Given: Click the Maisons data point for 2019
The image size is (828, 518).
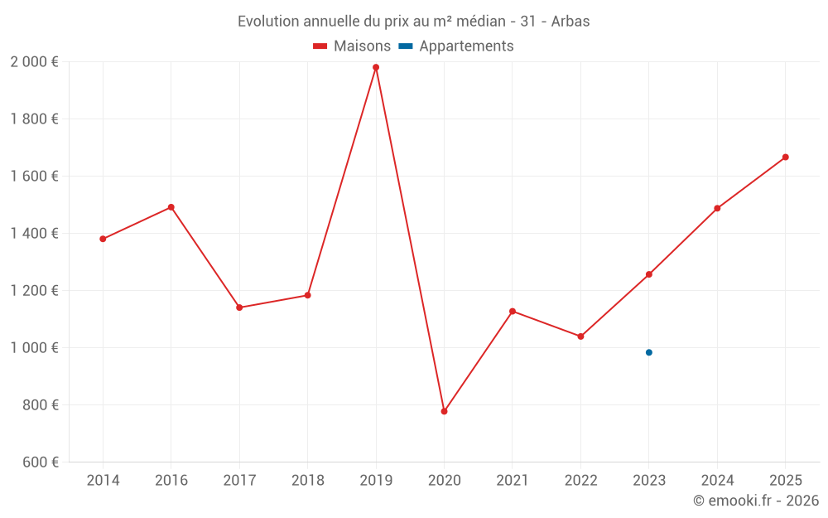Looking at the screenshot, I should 376,67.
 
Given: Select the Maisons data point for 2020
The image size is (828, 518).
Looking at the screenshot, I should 444,411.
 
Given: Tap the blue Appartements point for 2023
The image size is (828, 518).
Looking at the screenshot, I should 649,352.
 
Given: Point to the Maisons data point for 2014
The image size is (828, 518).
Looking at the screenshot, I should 103,239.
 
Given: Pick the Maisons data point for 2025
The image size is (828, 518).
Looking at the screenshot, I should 786,157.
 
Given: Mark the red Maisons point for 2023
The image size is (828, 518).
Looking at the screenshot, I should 649,274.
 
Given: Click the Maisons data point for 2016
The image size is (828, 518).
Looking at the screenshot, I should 171,207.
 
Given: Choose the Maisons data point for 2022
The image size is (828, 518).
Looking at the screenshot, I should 580,336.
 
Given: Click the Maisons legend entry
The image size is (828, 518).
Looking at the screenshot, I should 352,46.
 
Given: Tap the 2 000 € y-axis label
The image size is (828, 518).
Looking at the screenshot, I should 35,61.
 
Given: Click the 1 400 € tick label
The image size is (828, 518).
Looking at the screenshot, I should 35,233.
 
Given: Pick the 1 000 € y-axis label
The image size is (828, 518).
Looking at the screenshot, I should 35,347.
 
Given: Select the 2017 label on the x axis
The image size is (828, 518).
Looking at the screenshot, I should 239,480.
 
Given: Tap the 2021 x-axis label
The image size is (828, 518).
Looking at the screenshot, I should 513,480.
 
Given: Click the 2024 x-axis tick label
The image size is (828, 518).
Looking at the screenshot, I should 717,480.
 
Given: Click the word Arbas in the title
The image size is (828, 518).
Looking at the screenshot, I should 570,22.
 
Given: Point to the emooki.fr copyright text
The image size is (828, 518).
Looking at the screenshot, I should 756,501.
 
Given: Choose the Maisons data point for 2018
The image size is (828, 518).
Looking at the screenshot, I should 308,295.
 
